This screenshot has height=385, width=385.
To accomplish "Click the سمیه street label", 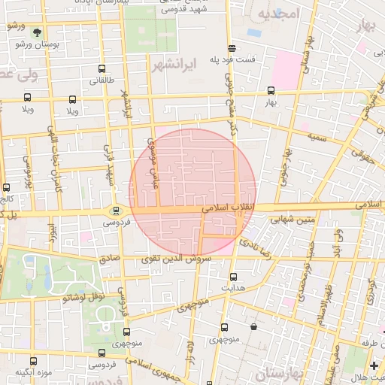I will (316, 137).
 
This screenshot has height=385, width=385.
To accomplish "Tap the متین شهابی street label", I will (274, 219).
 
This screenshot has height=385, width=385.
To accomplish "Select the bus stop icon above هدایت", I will (232, 277).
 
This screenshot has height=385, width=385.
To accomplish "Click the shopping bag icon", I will (253, 327).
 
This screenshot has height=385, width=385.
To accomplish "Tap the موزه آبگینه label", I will (33, 374).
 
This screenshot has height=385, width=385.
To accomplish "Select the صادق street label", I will (110, 257).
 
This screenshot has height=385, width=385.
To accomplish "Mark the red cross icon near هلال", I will (374, 365).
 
